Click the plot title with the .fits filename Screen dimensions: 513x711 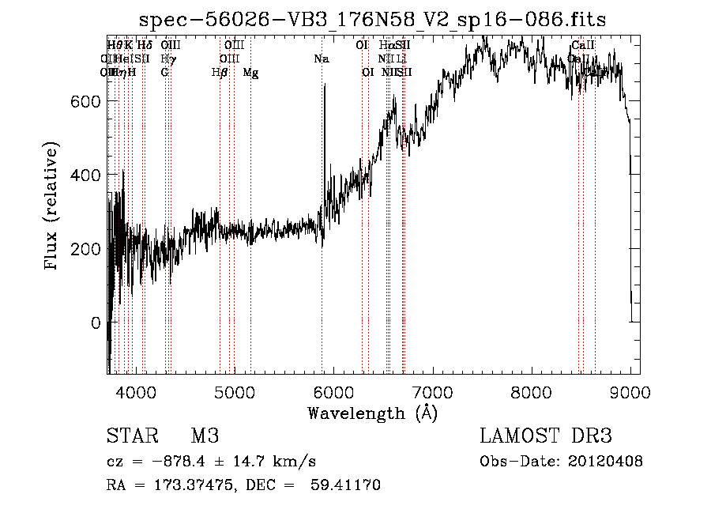point(374,21)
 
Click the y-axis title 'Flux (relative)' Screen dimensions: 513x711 point(53,207)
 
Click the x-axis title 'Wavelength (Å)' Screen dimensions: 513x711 point(372,413)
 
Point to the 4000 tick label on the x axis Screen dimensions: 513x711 point(136,392)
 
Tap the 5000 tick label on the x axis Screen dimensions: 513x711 point(235,392)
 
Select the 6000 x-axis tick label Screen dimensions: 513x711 point(333,392)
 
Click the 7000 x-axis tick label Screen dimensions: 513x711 point(432,392)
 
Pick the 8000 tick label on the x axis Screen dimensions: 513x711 point(531,392)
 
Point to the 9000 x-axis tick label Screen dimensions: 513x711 point(630,392)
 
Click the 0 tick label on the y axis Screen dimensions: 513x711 point(96,323)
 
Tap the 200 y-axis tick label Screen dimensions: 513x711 point(86,249)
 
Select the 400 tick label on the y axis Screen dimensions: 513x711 point(86,175)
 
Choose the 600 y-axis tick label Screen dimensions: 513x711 point(86,102)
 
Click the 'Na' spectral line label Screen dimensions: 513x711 point(322,59)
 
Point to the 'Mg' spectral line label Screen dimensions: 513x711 point(250,73)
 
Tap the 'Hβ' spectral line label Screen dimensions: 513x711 point(220,73)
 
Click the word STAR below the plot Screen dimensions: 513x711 point(130,436)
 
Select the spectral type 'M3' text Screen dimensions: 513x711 point(204,436)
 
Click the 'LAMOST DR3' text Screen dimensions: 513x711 point(545,436)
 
